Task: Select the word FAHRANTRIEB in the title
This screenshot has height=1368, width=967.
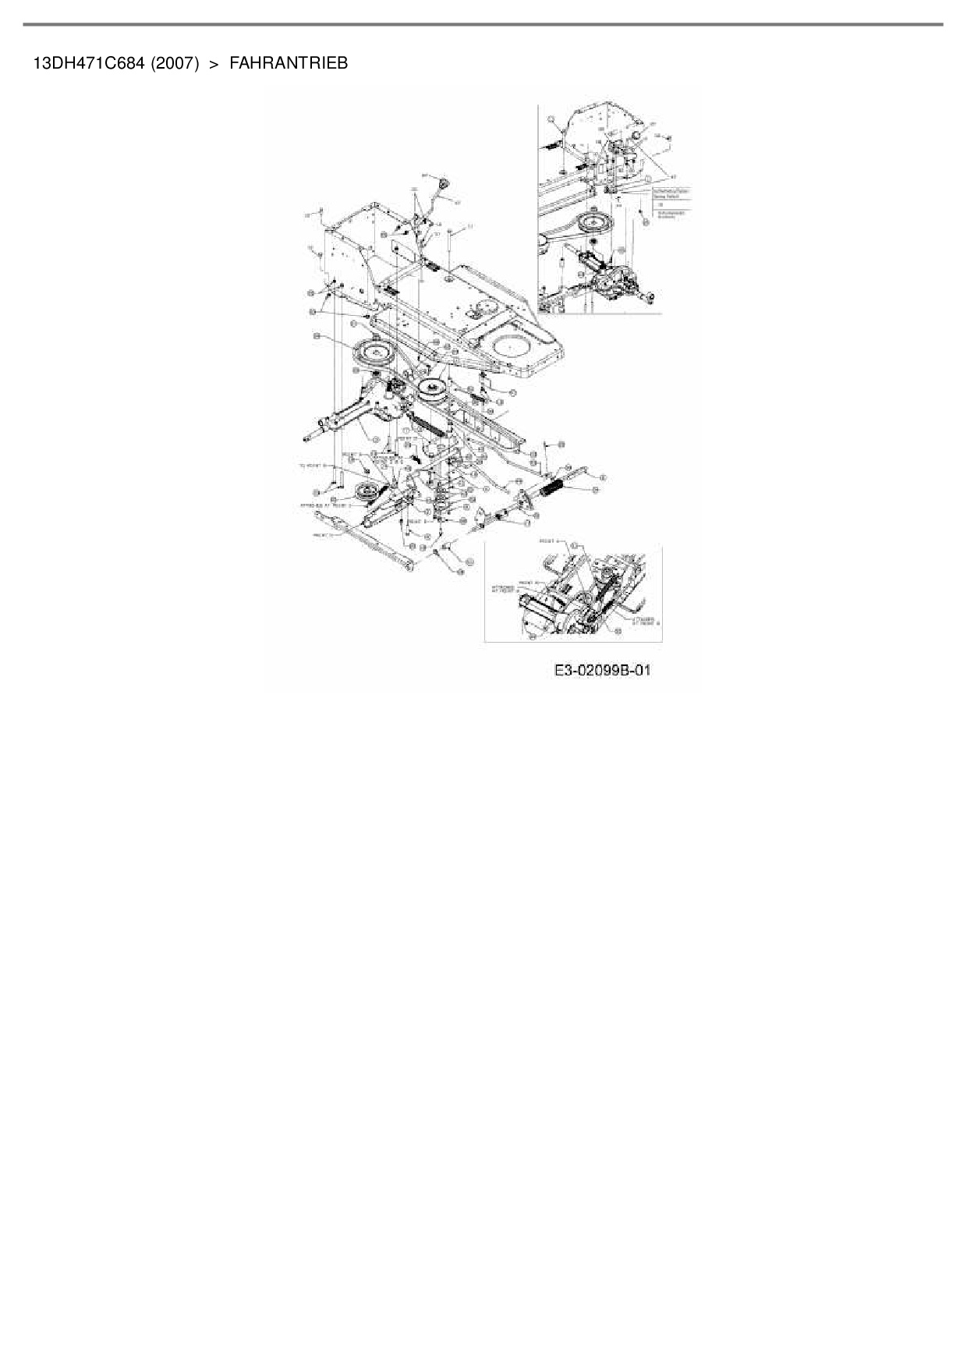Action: [x=289, y=63]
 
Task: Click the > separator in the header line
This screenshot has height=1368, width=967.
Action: [x=214, y=63]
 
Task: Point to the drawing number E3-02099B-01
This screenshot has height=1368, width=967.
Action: [x=602, y=670]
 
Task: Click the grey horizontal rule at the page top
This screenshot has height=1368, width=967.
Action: [x=483, y=24]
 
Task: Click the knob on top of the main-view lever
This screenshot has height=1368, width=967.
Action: [x=445, y=185]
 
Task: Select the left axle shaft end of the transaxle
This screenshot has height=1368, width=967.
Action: [x=322, y=428]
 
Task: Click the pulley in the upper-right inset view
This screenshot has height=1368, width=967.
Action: [x=598, y=223]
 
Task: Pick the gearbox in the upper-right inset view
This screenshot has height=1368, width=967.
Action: [x=616, y=282]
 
